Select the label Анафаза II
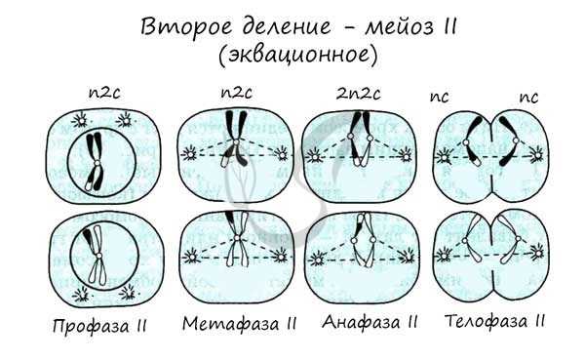coord(370,322)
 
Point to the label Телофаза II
coord(494,321)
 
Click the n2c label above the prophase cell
coord(95,94)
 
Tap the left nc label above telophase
coord(440,96)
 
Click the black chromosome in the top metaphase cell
coord(236,137)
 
